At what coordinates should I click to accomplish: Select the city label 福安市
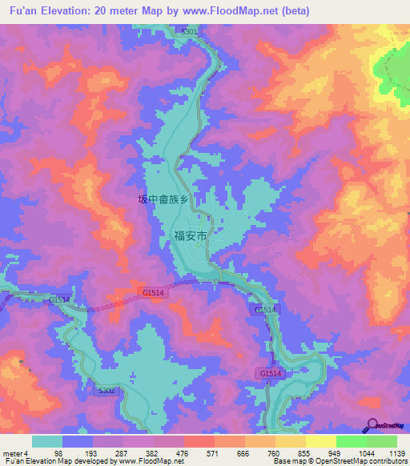pos(191,236)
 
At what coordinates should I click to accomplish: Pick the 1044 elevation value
pos(365,453)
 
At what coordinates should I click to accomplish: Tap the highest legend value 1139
pos(396,453)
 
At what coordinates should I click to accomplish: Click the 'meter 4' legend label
pos(16,453)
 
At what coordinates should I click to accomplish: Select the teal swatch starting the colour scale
pos(47,441)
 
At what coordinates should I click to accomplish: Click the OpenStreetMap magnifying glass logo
pos(372,425)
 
